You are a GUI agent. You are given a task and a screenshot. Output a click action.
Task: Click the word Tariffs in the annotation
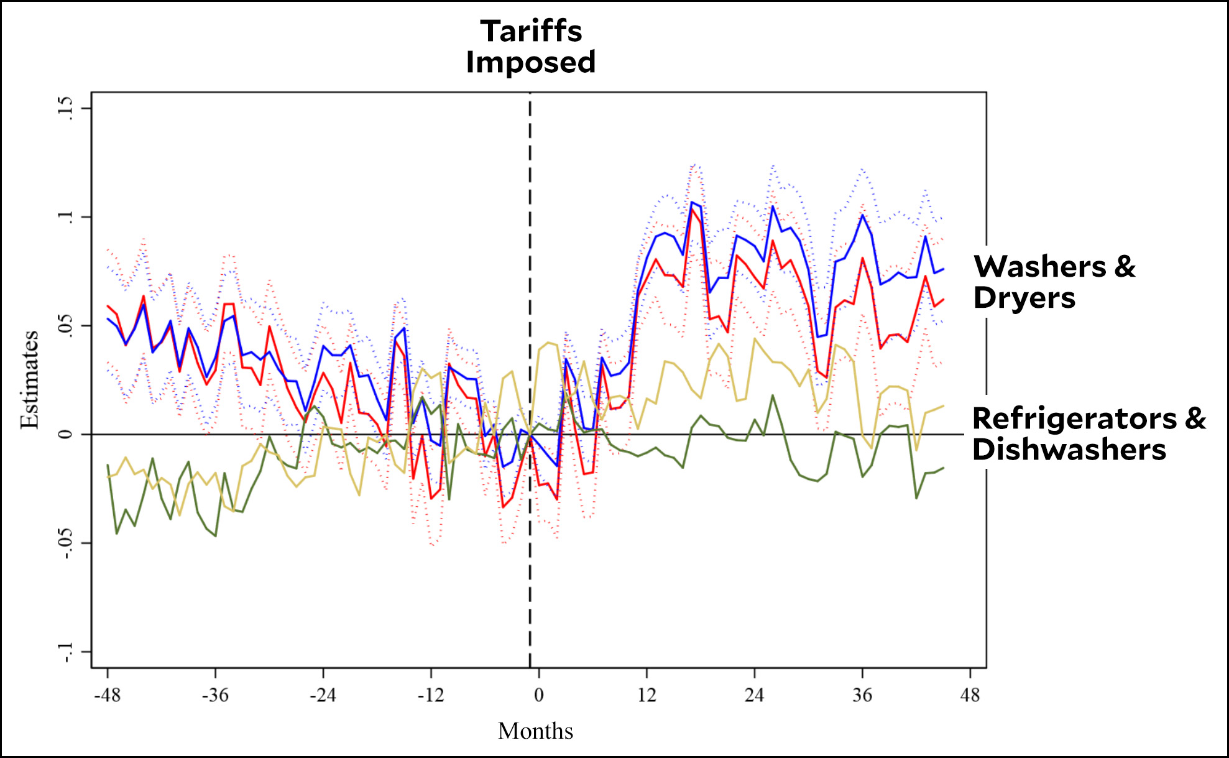pos(531,31)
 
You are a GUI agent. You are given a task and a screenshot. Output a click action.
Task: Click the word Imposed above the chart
pos(531,62)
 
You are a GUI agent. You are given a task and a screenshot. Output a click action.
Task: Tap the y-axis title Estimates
pos(29,380)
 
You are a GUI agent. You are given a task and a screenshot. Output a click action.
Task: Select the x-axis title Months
pos(535,731)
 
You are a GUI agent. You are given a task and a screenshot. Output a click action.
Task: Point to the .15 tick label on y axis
pos(65,108)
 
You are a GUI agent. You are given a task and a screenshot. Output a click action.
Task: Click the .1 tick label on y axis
pos(65,217)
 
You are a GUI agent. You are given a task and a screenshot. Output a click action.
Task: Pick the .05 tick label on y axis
pos(65,325)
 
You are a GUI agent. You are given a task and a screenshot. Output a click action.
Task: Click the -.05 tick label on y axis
pos(65,543)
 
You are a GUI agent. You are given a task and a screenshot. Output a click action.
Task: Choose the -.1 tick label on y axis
pos(65,651)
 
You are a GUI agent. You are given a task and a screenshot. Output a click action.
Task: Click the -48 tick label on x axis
pos(107,695)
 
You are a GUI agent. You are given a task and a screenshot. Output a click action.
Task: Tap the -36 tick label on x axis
pos(215,695)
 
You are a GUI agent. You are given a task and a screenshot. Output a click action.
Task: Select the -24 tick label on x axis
pos(323,695)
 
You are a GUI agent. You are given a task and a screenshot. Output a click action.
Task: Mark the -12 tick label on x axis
pos(431,695)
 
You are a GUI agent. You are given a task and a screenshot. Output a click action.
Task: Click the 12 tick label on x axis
pos(647,695)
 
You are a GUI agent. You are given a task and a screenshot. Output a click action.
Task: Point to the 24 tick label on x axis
pos(754,695)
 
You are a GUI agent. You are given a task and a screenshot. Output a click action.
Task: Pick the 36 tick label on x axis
pos(862,695)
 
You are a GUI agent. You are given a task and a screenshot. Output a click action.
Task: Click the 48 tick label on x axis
pos(970,695)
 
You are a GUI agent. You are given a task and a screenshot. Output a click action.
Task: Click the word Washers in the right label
pos(1040,267)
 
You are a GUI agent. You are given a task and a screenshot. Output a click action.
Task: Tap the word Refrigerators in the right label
pos(1075,418)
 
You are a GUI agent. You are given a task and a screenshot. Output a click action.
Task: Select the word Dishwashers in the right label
pos(1069,450)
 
